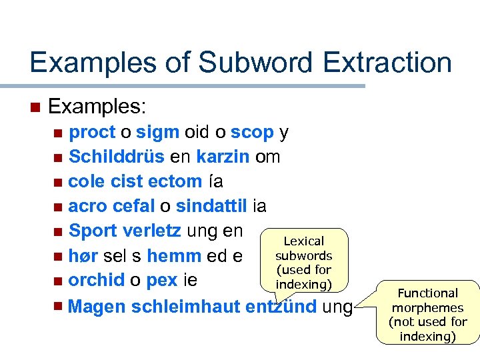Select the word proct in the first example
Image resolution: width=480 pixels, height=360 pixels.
pos(93,133)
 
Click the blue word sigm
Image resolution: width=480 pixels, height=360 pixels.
pos(157,133)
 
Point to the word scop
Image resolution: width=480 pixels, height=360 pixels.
pos(253,133)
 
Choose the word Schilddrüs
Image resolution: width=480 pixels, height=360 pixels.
pos(117,157)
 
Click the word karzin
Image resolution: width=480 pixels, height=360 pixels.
pos(223,157)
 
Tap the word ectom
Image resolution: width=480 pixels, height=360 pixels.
pos(176,181)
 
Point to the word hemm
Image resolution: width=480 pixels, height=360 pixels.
pos(174,255)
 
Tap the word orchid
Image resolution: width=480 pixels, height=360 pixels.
pos(97,280)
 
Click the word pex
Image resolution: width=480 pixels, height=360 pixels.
pos(161,280)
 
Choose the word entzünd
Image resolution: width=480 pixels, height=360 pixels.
pos(282,307)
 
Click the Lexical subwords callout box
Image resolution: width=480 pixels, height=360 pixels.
pos(303,261)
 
